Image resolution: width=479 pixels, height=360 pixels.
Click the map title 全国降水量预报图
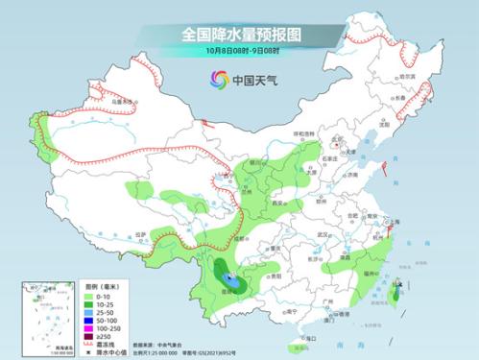point(238,34)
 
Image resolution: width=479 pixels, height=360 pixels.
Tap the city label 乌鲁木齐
point(120,98)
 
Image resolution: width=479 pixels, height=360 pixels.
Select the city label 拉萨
point(141,233)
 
